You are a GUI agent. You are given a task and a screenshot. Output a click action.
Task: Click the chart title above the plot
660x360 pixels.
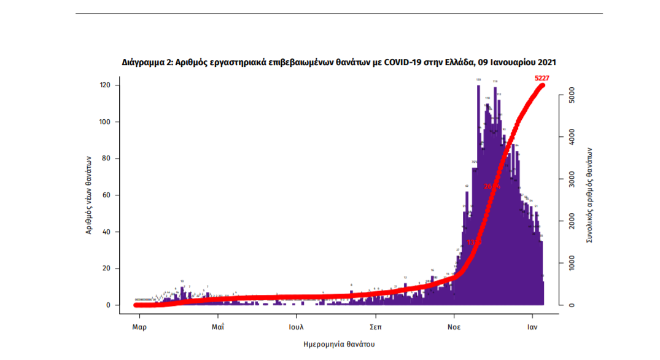point(339,63)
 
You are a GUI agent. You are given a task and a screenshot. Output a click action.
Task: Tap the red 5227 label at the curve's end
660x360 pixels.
point(542,78)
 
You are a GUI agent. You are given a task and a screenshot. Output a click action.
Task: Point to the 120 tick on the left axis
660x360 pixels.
point(105,85)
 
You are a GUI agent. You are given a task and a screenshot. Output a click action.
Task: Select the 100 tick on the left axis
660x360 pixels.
point(105,122)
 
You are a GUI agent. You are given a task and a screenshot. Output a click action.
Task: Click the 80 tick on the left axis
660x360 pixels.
point(107,158)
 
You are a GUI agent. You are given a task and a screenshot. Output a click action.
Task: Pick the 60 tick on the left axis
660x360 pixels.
point(107,195)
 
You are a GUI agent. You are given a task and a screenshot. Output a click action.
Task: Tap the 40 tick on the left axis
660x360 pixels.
point(107,232)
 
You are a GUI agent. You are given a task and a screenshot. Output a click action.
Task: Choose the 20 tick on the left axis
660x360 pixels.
point(107,268)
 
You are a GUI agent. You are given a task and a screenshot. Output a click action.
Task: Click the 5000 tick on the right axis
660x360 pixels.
point(572,96)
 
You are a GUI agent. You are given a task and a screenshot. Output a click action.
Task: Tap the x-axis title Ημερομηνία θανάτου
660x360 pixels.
point(339,344)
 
